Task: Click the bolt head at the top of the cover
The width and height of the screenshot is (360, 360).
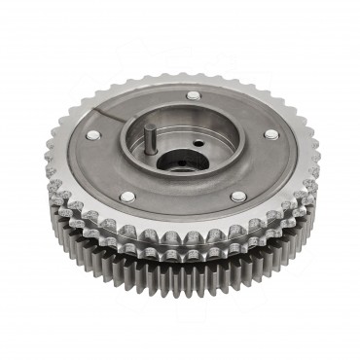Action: point(194,95)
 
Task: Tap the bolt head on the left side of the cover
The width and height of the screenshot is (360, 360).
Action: point(93,135)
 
